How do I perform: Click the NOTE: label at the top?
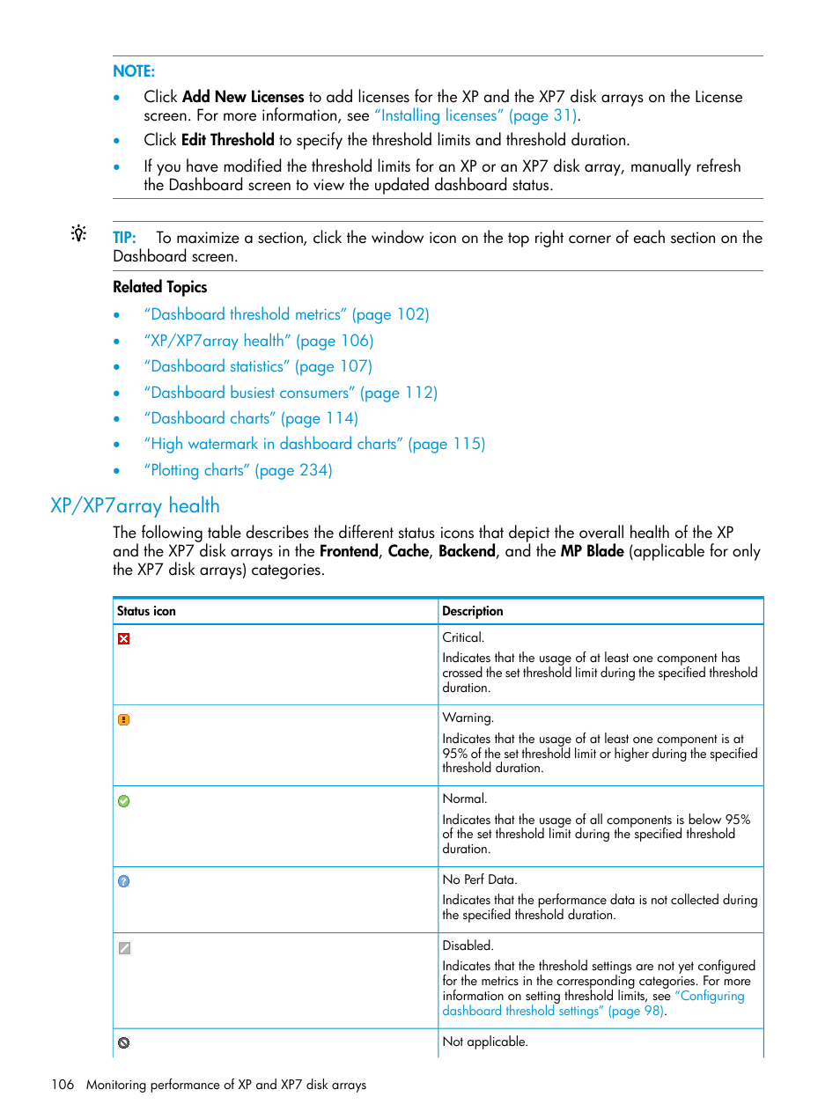(x=134, y=71)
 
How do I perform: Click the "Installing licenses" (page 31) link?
(x=475, y=115)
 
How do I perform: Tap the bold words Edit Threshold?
(x=227, y=140)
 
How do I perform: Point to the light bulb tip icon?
(x=79, y=234)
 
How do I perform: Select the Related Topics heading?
(x=159, y=287)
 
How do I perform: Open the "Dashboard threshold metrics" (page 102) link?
(x=286, y=314)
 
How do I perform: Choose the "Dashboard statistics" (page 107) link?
(x=258, y=366)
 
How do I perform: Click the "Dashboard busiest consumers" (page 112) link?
(x=291, y=393)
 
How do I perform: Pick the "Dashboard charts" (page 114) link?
(x=251, y=418)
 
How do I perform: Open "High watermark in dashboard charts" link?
(x=314, y=444)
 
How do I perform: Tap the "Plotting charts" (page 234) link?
(x=238, y=470)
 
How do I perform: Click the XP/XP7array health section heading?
(x=135, y=505)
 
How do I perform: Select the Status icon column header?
(x=146, y=611)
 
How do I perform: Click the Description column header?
(x=473, y=611)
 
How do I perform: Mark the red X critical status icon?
(x=124, y=639)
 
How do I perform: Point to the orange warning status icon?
(x=124, y=720)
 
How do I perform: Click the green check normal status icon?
(x=124, y=801)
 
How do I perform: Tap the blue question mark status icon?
(x=124, y=881)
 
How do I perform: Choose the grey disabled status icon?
(x=124, y=948)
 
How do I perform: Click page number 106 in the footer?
(x=63, y=1085)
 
